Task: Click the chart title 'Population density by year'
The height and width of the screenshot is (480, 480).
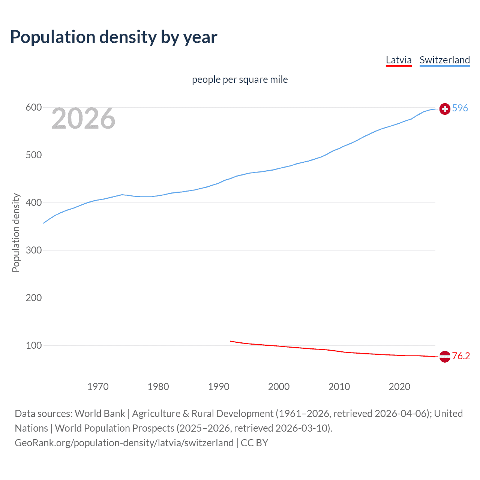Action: click(x=114, y=37)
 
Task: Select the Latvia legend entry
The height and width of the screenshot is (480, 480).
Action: click(x=399, y=60)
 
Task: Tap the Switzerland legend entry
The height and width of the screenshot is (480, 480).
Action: click(x=444, y=60)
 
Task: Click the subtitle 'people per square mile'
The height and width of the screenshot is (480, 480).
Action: click(x=240, y=79)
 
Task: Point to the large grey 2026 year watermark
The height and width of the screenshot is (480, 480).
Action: click(x=83, y=118)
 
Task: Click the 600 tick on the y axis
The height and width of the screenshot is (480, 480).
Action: click(x=33, y=108)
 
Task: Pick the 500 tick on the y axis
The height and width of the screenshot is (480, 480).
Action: click(x=33, y=155)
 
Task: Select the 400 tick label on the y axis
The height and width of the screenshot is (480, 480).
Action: click(x=33, y=203)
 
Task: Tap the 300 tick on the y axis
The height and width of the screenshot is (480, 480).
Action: click(x=33, y=250)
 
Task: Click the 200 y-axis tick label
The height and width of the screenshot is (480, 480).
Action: click(x=33, y=298)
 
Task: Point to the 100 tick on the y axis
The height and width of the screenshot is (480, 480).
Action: click(x=33, y=346)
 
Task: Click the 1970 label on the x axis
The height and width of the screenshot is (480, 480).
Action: click(x=98, y=387)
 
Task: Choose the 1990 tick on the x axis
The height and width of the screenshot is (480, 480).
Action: click(x=219, y=387)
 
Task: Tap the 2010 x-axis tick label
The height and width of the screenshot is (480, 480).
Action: click(x=339, y=387)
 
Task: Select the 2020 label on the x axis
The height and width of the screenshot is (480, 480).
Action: click(x=399, y=387)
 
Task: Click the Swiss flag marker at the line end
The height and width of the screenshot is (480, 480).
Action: click(x=445, y=109)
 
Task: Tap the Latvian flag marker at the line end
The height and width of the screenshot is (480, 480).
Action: click(x=445, y=357)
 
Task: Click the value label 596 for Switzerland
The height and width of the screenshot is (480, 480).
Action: click(x=460, y=108)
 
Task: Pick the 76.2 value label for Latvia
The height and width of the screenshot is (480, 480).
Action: click(x=461, y=356)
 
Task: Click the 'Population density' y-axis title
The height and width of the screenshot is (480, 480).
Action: click(x=16, y=232)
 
